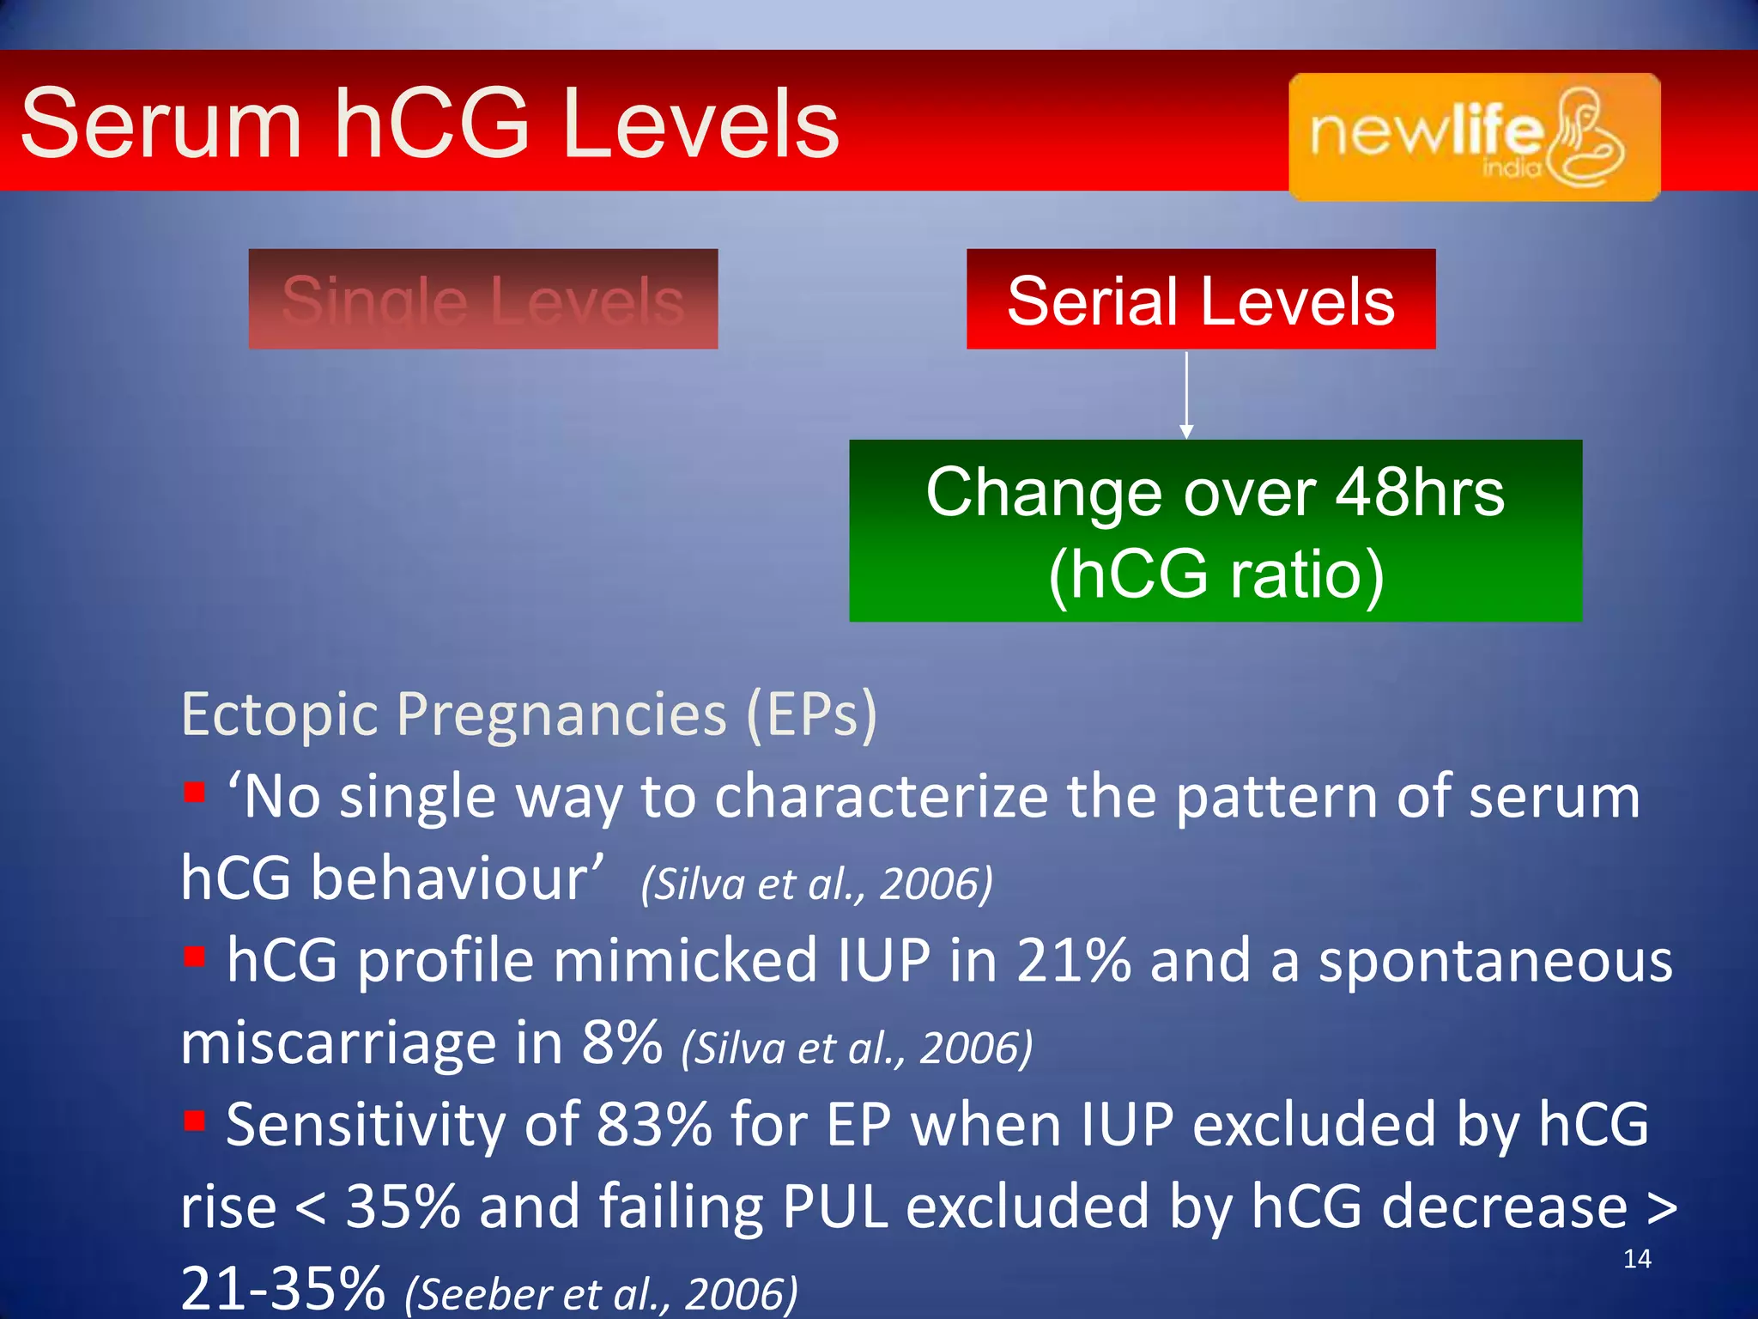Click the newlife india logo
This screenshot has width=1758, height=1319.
[1474, 137]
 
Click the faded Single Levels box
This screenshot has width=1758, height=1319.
[483, 299]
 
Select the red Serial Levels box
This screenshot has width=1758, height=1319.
[1200, 299]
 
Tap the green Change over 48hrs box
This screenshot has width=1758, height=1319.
[1215, 531]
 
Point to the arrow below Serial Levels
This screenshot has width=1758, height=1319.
[1186, 395]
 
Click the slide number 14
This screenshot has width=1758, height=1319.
[1637, 1259]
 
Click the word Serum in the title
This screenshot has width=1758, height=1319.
[161, 125]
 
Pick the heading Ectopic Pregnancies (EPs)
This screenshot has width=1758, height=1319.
[529, 714]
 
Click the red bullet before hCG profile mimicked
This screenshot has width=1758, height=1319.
[195, 955]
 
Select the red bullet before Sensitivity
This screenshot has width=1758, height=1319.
[195, 1119]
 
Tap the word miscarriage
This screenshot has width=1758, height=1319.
[338, 1044]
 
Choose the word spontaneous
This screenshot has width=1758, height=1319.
[1495, 962]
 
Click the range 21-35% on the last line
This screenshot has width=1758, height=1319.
[283, 1288]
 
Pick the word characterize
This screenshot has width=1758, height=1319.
[881, 797]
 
